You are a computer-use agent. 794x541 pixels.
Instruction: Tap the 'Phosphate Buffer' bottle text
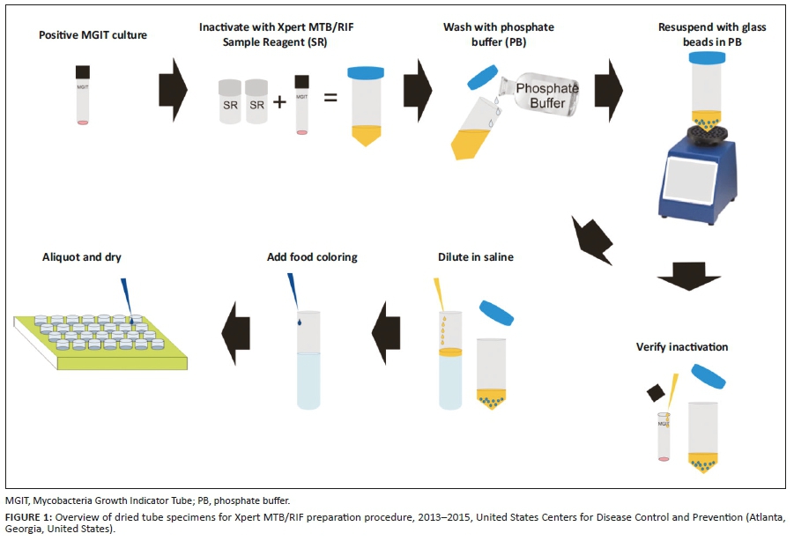click(546, 96)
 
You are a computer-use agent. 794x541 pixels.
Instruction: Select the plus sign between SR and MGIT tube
click(279, 100)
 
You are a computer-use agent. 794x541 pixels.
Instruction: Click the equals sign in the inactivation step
click(330, 96)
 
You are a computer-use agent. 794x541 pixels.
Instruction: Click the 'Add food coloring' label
click(312, 257)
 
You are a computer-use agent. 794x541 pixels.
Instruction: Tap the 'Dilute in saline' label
click(476, 257)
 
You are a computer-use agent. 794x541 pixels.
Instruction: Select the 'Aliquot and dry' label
click(82, 257)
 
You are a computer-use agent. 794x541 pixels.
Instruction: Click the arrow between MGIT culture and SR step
click(173, 86)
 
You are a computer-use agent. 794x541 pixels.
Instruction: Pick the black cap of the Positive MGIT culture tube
click(84, 71)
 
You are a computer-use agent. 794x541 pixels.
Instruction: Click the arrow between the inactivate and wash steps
click(418, 86)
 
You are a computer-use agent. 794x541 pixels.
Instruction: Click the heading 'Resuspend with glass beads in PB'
click(712, 33)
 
